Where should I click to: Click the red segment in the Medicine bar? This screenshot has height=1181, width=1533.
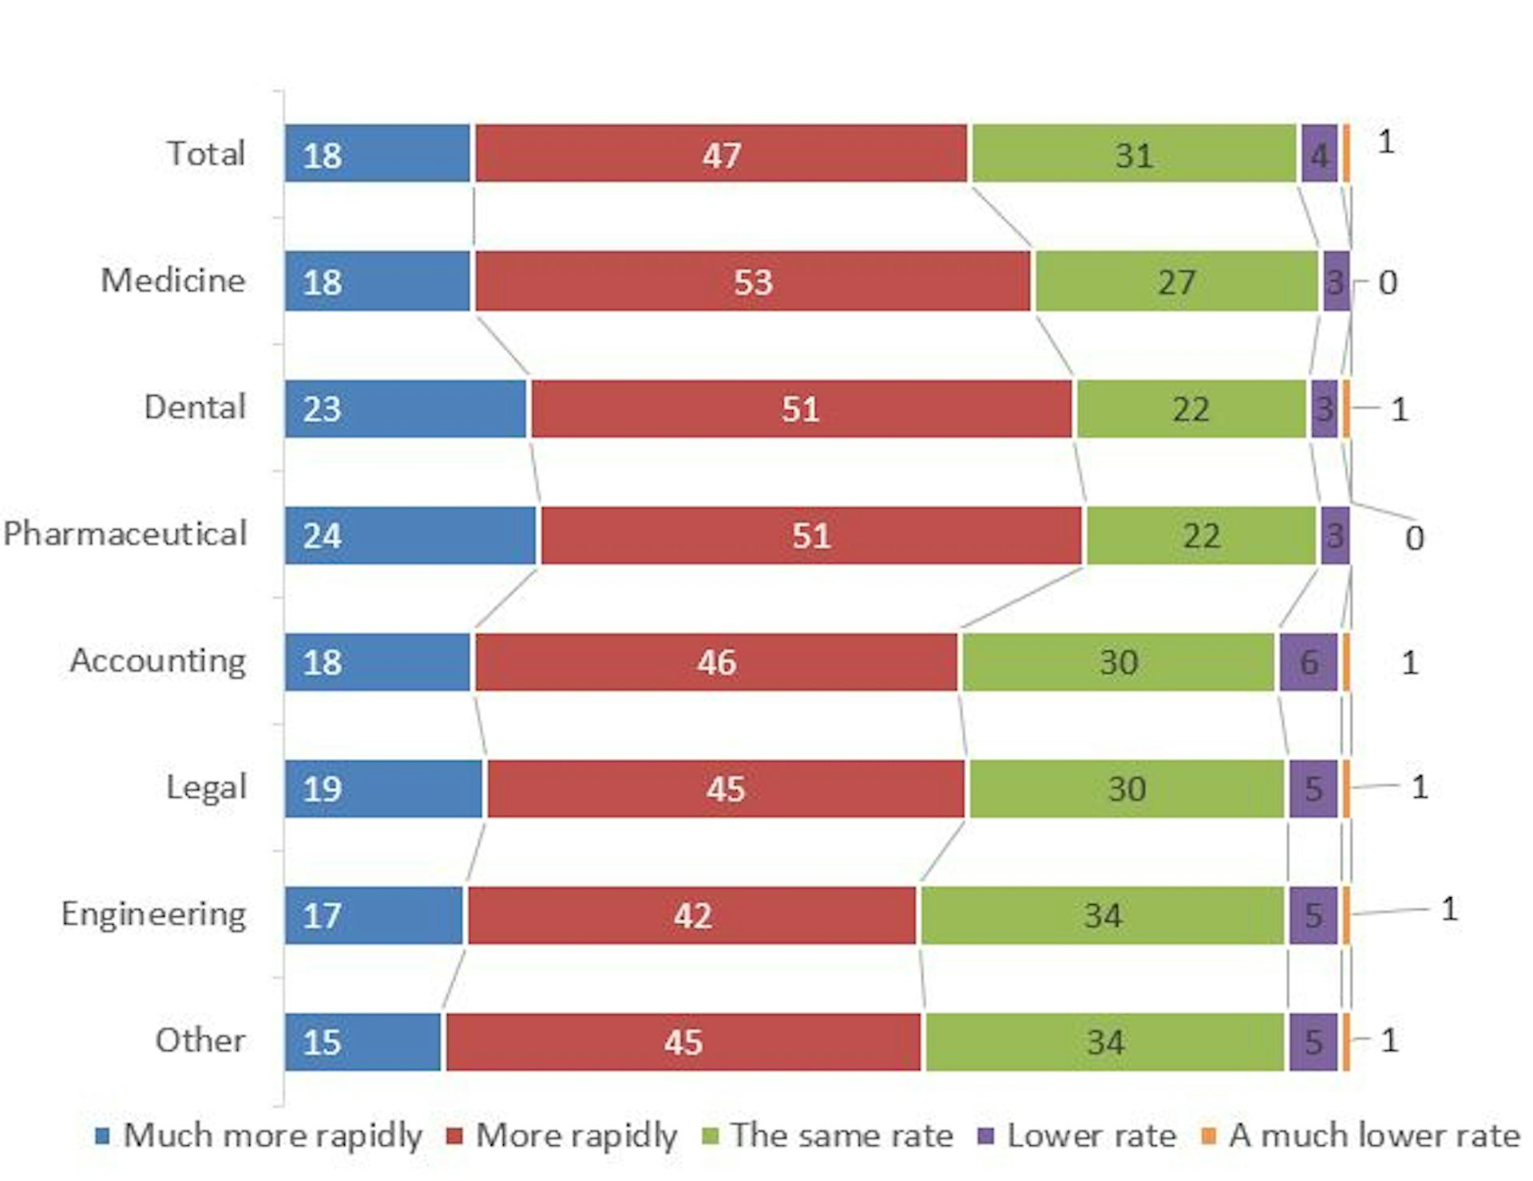coord(752,281)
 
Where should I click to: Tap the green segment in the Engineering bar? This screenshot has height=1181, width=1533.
coord(1102,914)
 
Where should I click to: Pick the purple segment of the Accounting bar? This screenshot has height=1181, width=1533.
coord(1308,662)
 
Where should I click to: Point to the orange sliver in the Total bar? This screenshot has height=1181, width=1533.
coord(1346,153)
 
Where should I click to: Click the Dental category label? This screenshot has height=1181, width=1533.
coord(194,407)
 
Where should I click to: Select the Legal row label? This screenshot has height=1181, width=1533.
coord(205,788)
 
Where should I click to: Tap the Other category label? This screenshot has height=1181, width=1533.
coord(200,1041)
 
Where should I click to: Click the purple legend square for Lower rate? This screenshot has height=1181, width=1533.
coord(986,1136)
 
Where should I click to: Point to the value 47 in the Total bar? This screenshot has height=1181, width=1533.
coord(722,155)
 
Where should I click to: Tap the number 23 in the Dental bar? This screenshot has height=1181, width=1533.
coord(322,409)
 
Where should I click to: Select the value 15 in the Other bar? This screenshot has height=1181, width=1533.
coord(322,1042)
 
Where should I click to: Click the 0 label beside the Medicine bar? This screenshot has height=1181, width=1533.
coord(1388,282)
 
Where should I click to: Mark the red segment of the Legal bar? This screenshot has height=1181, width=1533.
coord(725,788)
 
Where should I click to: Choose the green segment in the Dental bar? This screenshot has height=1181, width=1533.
coord(1190,409)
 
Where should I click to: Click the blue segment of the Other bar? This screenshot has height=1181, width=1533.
coord(362,1042)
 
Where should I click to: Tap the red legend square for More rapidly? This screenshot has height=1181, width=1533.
coord(455,1136)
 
